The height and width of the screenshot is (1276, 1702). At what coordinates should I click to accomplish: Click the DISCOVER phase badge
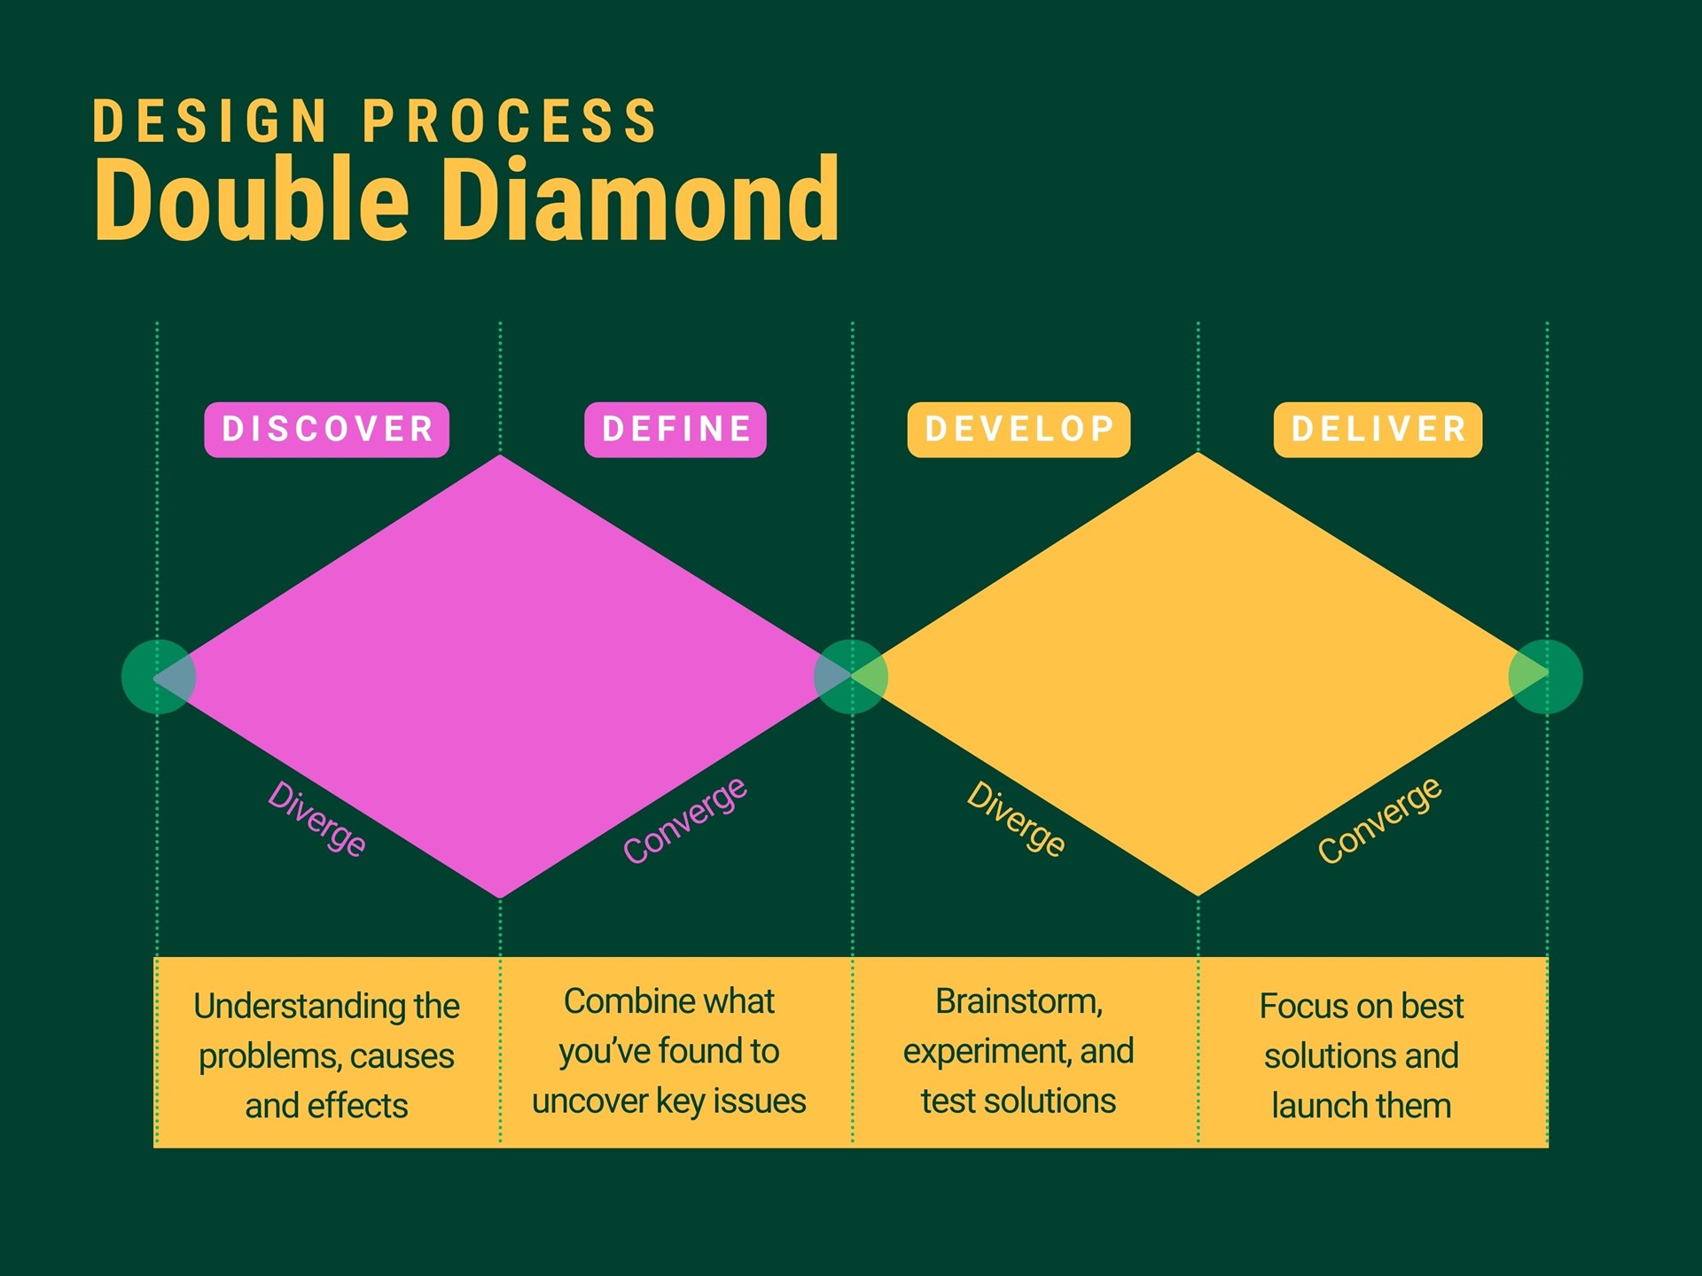tap(326, 430)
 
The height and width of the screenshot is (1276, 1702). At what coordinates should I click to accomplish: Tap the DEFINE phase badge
tap(675, 430)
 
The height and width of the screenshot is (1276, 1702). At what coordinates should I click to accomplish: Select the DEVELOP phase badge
tap(1019, 430)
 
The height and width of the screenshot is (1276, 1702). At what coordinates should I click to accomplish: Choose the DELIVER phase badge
tap(1378, 430)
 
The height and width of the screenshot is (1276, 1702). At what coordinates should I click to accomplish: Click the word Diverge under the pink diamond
tap(316, 819)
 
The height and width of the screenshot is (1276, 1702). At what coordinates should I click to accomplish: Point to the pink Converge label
tap(685, 820)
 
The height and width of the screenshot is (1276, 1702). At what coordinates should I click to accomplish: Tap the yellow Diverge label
tap(1016, 819)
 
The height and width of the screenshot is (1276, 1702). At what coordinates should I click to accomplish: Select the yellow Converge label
tap(1379, 820)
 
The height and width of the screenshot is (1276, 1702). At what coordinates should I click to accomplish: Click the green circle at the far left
tap(158, 677)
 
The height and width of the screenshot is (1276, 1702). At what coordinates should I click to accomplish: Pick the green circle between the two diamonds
tap(850, 677)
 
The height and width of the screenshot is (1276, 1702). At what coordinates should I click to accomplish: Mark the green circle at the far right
tap(1545, 677)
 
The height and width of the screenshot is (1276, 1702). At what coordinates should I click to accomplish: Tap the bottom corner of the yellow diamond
tap(1198, 891)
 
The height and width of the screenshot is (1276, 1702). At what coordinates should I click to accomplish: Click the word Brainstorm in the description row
tap(1018, 1001)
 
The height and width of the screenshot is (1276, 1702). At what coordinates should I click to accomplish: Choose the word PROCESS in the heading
tap(510, 121)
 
